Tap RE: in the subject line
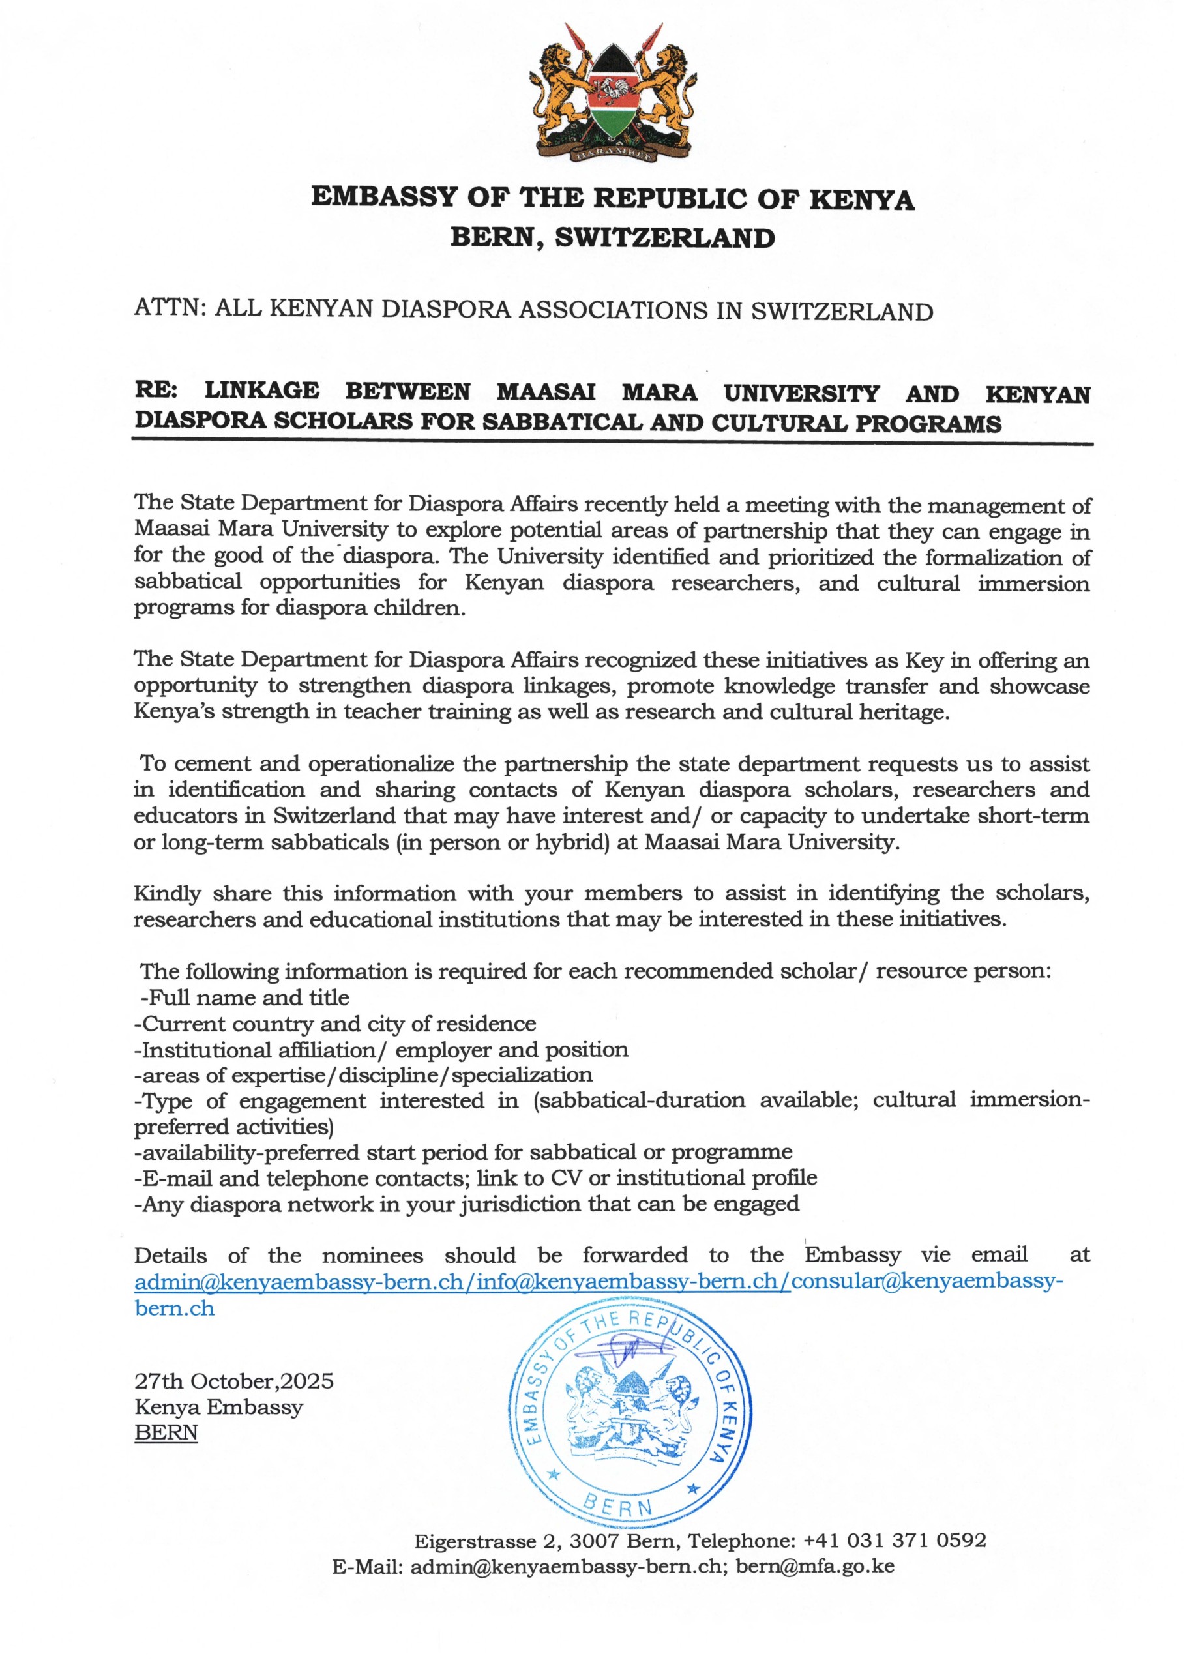156,391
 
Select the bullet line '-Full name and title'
244,997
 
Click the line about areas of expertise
363,1075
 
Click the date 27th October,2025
234,1381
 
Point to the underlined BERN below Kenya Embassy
166,1432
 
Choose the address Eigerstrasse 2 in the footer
485,1541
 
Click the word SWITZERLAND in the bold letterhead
664,237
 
